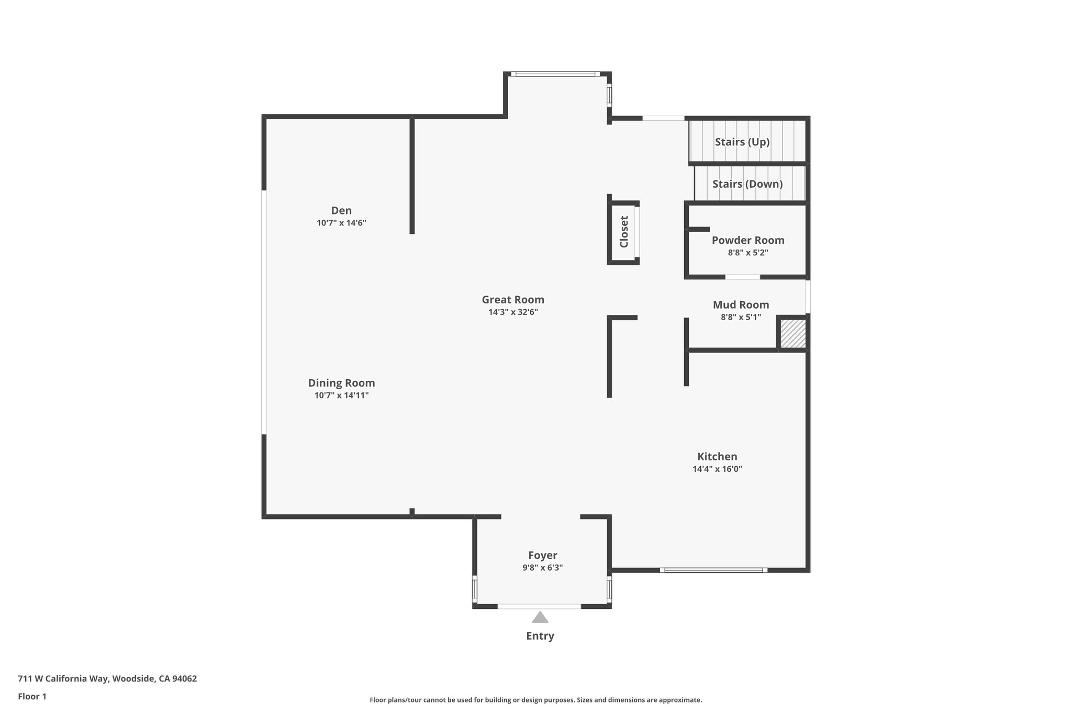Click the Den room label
pos(341,210)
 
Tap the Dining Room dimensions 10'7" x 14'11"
pos(341,395)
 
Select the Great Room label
pos(513,300)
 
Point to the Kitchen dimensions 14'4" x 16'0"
pos(717,469)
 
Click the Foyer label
pos(542,556)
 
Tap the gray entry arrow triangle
pos(540,618)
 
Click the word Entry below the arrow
pos(540,636)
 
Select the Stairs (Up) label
pos(742,142)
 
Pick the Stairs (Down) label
pos(747,184)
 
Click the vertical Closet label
pos(624,232)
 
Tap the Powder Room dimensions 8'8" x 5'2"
pos(748,253)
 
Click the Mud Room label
pos(741,304)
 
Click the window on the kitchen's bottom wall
pos(713,570)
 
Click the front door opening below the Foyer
pos(539,606)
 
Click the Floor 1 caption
pos(32,696)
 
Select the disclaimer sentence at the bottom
pos(535,700)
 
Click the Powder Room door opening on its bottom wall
pos(742,277)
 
